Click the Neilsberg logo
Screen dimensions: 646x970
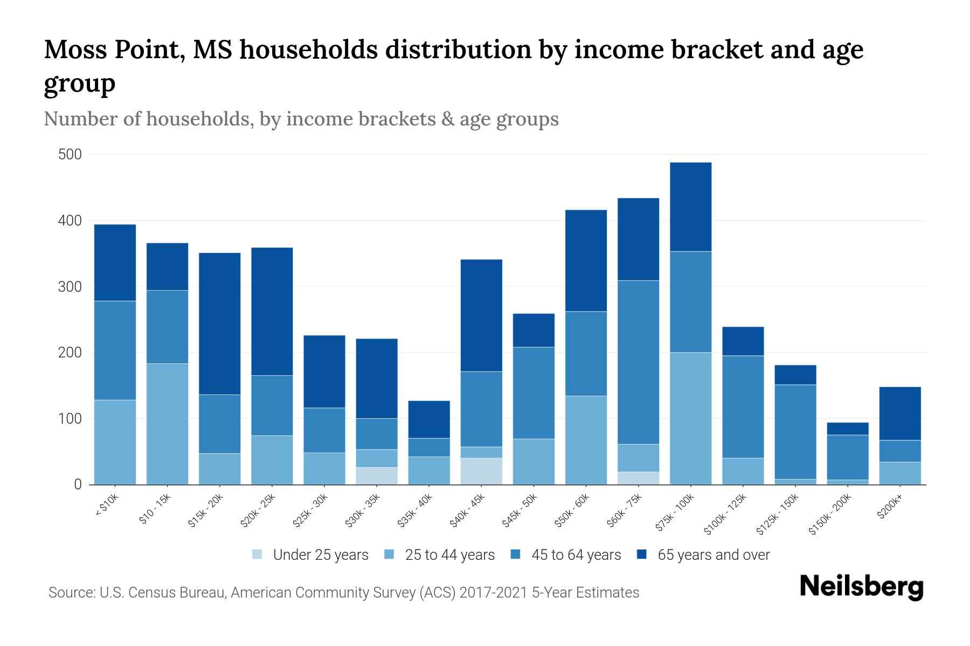point(861,587)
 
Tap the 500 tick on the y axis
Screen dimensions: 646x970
point(70,155)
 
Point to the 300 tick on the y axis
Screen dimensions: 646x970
point(70,287)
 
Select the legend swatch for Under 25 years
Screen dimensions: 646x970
point(258,554)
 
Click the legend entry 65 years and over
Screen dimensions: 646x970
point(713,555)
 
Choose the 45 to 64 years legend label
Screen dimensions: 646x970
point(576,555)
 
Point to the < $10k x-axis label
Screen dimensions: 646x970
point(107,506)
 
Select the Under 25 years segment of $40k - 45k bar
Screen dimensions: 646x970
point(481,471)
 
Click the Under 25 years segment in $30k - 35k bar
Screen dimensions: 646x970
point(377,476)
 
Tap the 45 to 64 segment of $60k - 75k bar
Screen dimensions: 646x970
point(638,362)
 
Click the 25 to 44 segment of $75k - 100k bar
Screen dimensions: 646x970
point(690,418)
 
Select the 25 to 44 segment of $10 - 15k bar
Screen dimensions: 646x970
point(168,424)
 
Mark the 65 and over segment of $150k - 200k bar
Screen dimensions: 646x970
point(848,429)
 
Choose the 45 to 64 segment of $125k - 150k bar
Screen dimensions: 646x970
point(795,432)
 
